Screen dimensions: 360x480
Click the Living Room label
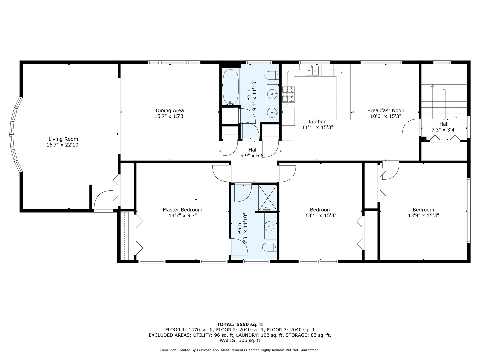pos(63,139)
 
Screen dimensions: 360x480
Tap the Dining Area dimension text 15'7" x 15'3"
pos(170,116)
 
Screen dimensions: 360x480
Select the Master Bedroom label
pos(182,210)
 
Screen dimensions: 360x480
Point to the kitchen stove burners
pos(288,94)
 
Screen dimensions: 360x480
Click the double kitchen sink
pos(312,70)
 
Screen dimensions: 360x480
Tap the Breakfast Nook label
pos(385,110)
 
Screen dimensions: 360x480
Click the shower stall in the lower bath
pos(268,197)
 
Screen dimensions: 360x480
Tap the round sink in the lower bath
pos(270,227)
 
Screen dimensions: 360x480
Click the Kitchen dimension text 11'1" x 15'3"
pos(317,127)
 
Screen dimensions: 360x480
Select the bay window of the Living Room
pos(14,134)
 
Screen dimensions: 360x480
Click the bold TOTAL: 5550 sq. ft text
pos(240,324)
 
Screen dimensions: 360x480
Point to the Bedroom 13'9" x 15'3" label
pos(423,210)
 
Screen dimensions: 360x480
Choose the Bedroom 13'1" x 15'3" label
pos(321,210)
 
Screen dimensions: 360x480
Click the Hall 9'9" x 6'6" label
pos(253,150)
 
